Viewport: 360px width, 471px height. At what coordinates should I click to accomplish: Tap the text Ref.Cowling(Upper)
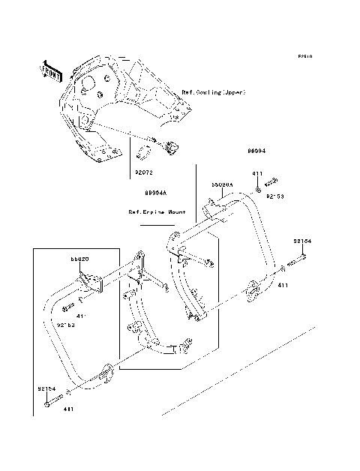click(x=214, y=92)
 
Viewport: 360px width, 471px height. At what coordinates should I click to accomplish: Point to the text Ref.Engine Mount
click(x=157, y=212)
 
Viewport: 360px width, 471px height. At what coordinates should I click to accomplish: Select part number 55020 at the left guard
click(x=80, y=259)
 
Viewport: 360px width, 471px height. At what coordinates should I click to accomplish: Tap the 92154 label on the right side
click(x=301, y=241)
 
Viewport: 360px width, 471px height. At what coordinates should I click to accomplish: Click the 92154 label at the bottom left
click(x=46, y=390)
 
